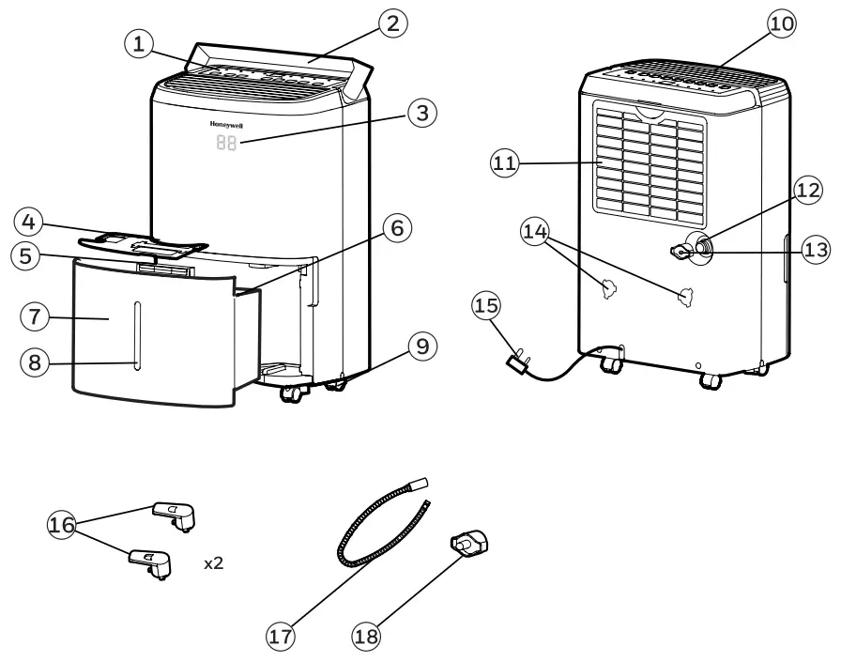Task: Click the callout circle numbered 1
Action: pos(139,43)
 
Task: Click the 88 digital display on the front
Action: pos(226,144)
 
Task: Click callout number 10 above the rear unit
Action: pos(780,23)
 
